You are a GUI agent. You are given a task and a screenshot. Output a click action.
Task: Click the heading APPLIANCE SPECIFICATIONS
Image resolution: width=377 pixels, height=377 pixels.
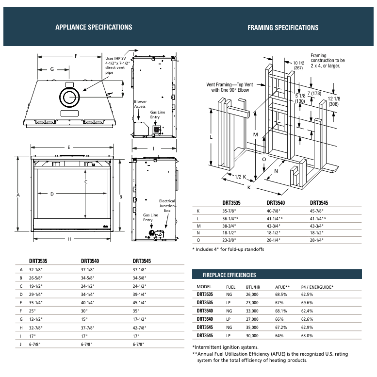[94, 27]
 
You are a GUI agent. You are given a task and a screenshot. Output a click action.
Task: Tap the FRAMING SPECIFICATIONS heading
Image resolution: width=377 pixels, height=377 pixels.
[283, 28]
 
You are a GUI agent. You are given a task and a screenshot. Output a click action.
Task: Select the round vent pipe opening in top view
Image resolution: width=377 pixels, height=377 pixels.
[68, 98]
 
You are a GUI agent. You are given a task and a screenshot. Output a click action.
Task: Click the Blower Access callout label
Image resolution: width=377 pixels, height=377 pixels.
[140, 104]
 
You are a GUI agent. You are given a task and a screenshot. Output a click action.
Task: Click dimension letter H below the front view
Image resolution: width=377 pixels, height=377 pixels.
[69, 239]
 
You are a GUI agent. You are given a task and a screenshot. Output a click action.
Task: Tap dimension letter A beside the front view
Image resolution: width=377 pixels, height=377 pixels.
[18, 195]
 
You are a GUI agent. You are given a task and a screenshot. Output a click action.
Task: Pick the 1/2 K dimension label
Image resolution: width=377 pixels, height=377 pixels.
[241, 177]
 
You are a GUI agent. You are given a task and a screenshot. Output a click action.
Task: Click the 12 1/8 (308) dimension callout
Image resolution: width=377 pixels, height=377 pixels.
[334, 101]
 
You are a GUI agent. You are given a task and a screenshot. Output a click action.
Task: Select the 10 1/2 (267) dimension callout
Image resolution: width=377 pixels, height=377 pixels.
[298, 66]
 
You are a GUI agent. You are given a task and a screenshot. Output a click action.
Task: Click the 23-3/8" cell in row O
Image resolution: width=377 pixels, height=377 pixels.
[230, 241]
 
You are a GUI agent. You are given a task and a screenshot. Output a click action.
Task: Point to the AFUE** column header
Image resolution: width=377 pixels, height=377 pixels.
[282, 287]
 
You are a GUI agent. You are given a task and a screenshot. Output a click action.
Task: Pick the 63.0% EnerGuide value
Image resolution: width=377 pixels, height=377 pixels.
[307, 335]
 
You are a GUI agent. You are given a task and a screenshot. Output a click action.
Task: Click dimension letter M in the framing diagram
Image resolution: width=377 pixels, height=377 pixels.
[255, 133]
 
